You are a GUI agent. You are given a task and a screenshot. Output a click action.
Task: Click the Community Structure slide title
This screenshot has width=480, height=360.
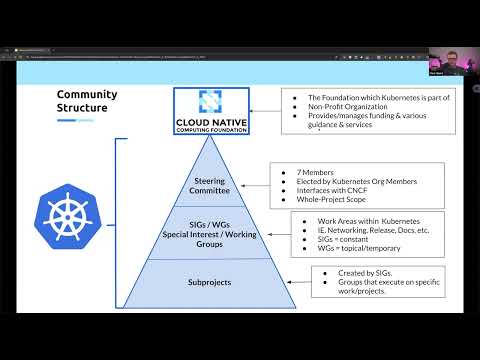tap(86, 101)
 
